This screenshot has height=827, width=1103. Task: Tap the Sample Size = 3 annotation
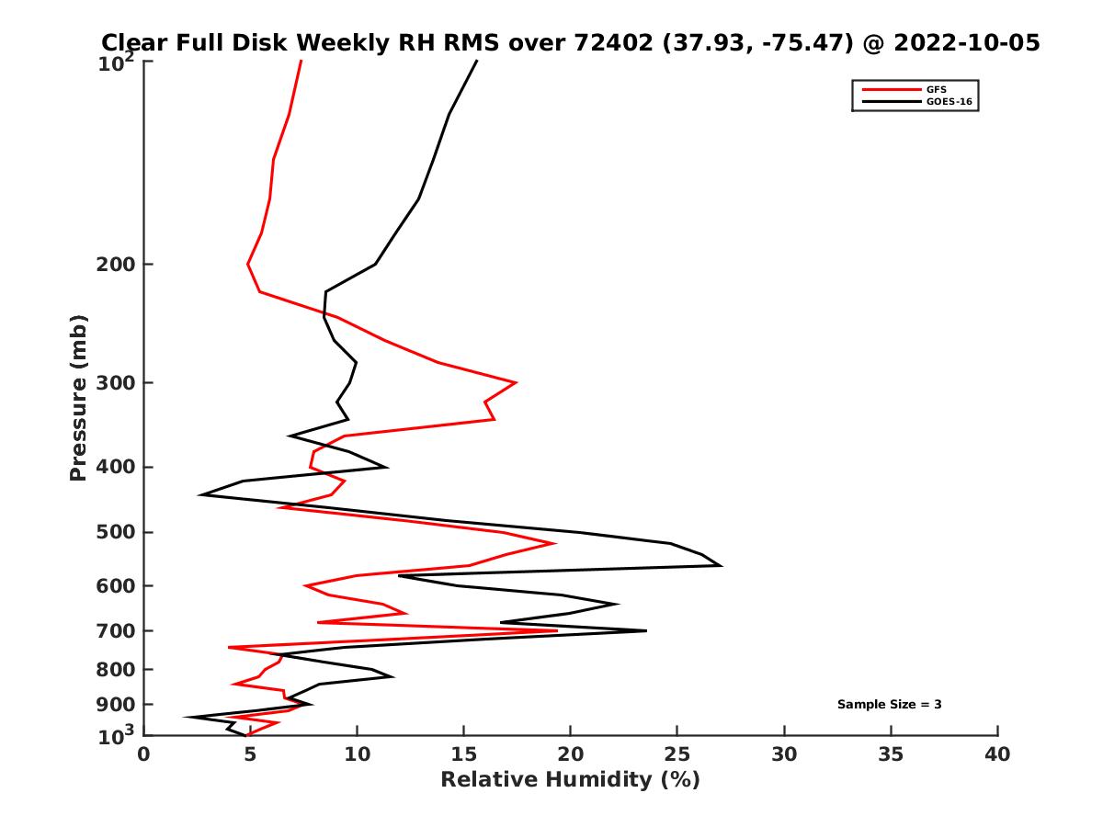[889, 705]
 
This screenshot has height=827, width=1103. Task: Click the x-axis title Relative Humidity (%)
[570, 780]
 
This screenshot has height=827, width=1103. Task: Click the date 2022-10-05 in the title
[968, 42]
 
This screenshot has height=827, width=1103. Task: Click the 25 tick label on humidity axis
[677, 754]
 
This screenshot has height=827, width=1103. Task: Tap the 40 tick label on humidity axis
[997, 754]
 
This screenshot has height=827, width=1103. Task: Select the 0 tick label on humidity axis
[144, 754]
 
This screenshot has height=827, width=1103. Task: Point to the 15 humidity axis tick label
[464, 754]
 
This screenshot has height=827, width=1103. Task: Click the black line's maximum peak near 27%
[722, 565]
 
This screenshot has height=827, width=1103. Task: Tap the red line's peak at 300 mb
[516, 382]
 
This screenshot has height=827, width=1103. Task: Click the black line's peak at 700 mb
[646, 630]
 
